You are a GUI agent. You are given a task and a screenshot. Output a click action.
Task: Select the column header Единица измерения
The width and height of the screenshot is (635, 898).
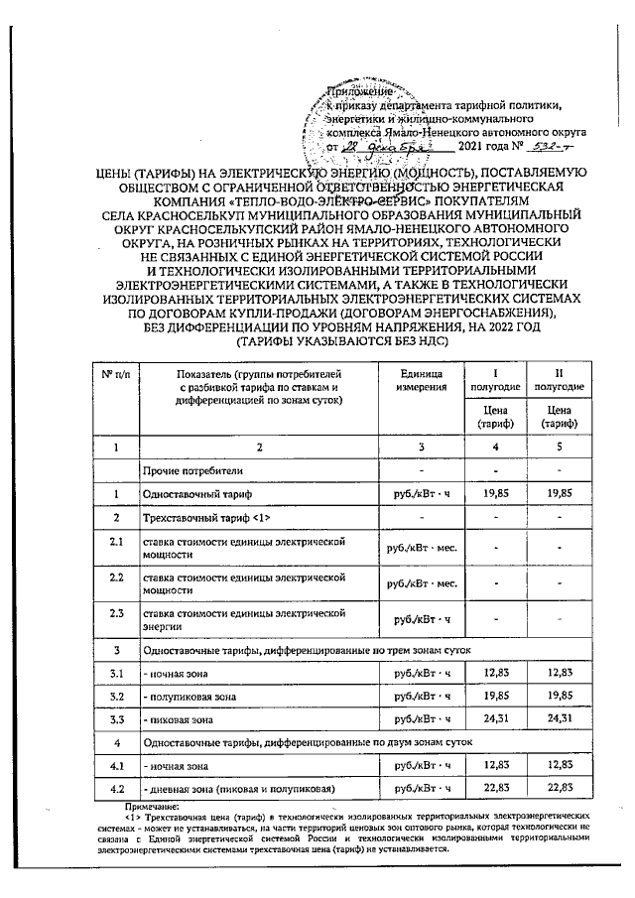click(421, 379)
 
